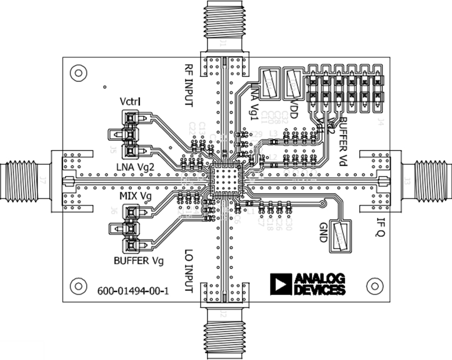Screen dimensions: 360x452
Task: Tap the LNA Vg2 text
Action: tap(135, 167)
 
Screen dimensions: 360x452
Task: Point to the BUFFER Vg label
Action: tap(138, 260)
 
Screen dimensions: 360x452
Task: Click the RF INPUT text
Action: tap(189, 85)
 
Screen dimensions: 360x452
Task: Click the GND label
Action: tap(323, 232)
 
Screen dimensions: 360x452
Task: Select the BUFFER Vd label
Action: tap(342, 142)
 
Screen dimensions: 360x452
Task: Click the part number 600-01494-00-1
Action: tap(133, 291)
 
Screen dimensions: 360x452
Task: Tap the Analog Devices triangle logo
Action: tap(280, 284)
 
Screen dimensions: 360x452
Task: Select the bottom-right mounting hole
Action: tap(374, 286)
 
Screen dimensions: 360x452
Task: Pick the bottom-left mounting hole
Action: tap(77, 286)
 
